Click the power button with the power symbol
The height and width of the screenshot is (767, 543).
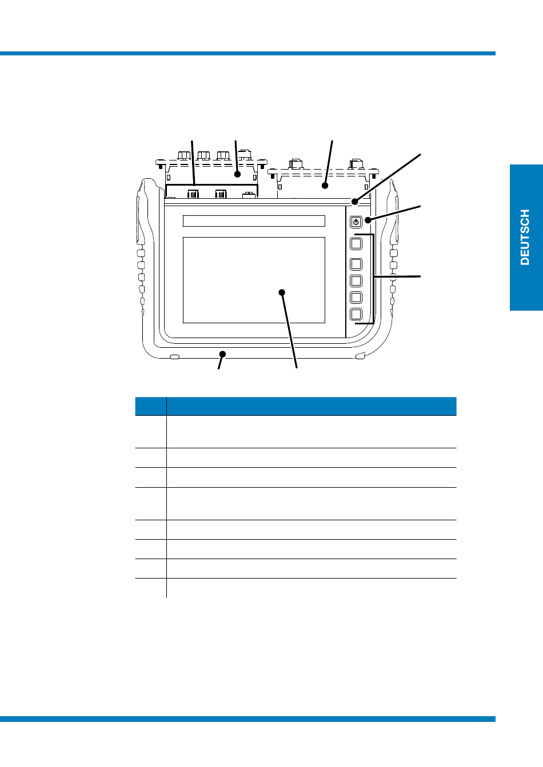point(356,222)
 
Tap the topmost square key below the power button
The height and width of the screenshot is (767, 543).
point(356,244)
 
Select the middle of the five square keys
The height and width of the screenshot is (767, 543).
point(356,280)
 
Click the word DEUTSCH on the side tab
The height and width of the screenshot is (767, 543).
point(525,237)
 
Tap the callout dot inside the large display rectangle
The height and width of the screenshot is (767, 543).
point(282,292)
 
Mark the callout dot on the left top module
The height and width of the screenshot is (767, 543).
point(237,174)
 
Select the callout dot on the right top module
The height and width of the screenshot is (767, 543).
point(325,185)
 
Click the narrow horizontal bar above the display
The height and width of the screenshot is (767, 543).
point(254,221)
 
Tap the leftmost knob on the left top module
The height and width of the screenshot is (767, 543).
point(184,155)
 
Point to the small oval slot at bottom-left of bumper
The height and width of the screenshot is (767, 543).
point(175,357)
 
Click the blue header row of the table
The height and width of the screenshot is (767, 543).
point(296,406)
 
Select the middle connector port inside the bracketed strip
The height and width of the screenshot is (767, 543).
point(221,194)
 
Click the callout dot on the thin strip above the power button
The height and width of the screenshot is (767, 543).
point(355,201)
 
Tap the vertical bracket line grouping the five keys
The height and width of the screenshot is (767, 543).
point(374,279)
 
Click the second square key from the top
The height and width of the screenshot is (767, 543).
point(356,264)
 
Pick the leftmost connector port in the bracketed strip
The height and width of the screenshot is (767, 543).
point(193,194)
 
